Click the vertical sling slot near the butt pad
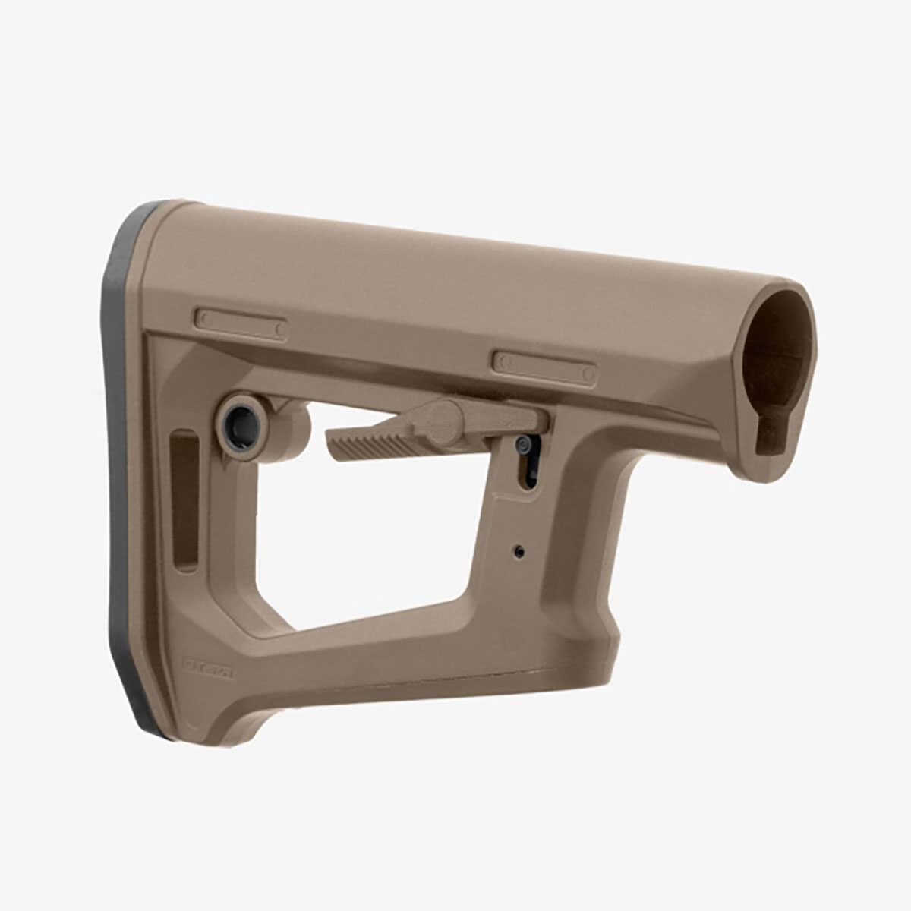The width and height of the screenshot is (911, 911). click(x=184, y=497)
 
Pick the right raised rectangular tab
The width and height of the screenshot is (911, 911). click(x=544, y=366)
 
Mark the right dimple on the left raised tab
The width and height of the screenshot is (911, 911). click(x=280, y=329)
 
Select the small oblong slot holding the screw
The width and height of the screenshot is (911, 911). click(x=527, y=463)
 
